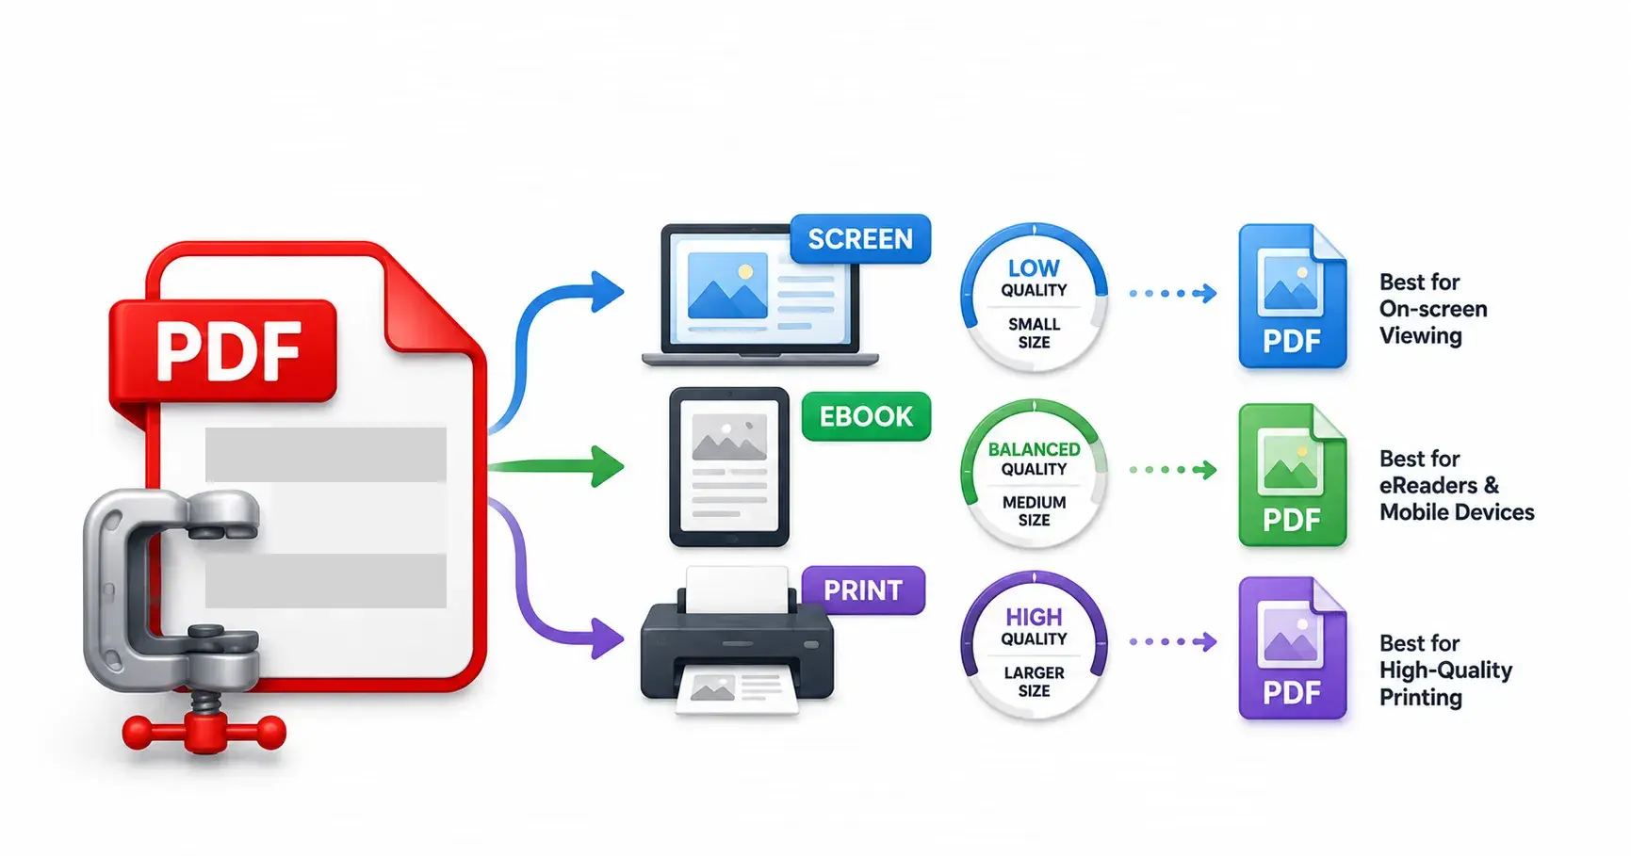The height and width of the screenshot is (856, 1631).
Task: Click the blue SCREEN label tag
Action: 860,239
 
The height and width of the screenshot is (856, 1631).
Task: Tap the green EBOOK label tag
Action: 866,416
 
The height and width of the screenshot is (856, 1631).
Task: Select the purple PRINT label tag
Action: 863,590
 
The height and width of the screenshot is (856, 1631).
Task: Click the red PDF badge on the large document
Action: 223,350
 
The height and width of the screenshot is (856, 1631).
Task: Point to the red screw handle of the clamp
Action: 204,731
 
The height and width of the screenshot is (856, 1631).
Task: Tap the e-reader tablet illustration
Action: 729,467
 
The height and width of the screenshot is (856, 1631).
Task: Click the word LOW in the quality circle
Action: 1034,268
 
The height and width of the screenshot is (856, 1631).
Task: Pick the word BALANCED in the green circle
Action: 1034,449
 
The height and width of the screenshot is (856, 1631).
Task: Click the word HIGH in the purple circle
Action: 1034,617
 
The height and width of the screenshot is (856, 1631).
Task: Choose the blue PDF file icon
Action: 1292,296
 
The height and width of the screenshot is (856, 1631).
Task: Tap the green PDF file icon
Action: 1292,476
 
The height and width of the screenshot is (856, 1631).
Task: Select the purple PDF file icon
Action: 1292,648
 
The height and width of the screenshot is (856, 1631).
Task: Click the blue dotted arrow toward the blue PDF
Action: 1173,294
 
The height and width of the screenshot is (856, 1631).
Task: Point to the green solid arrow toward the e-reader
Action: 556,466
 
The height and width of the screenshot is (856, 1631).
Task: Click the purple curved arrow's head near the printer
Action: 605,638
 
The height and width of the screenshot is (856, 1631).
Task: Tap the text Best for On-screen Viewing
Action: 1433,309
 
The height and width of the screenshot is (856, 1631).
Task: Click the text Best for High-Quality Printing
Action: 1445,670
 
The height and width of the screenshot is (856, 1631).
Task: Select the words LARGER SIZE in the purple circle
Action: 1034,682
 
